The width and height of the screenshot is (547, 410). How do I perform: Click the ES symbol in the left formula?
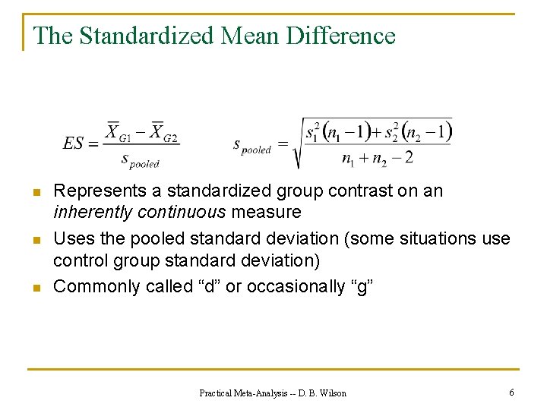pos(74,143)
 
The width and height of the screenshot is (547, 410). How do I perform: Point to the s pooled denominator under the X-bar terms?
pos(141,159)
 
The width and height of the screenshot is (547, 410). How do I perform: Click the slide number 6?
pos(512,393)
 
